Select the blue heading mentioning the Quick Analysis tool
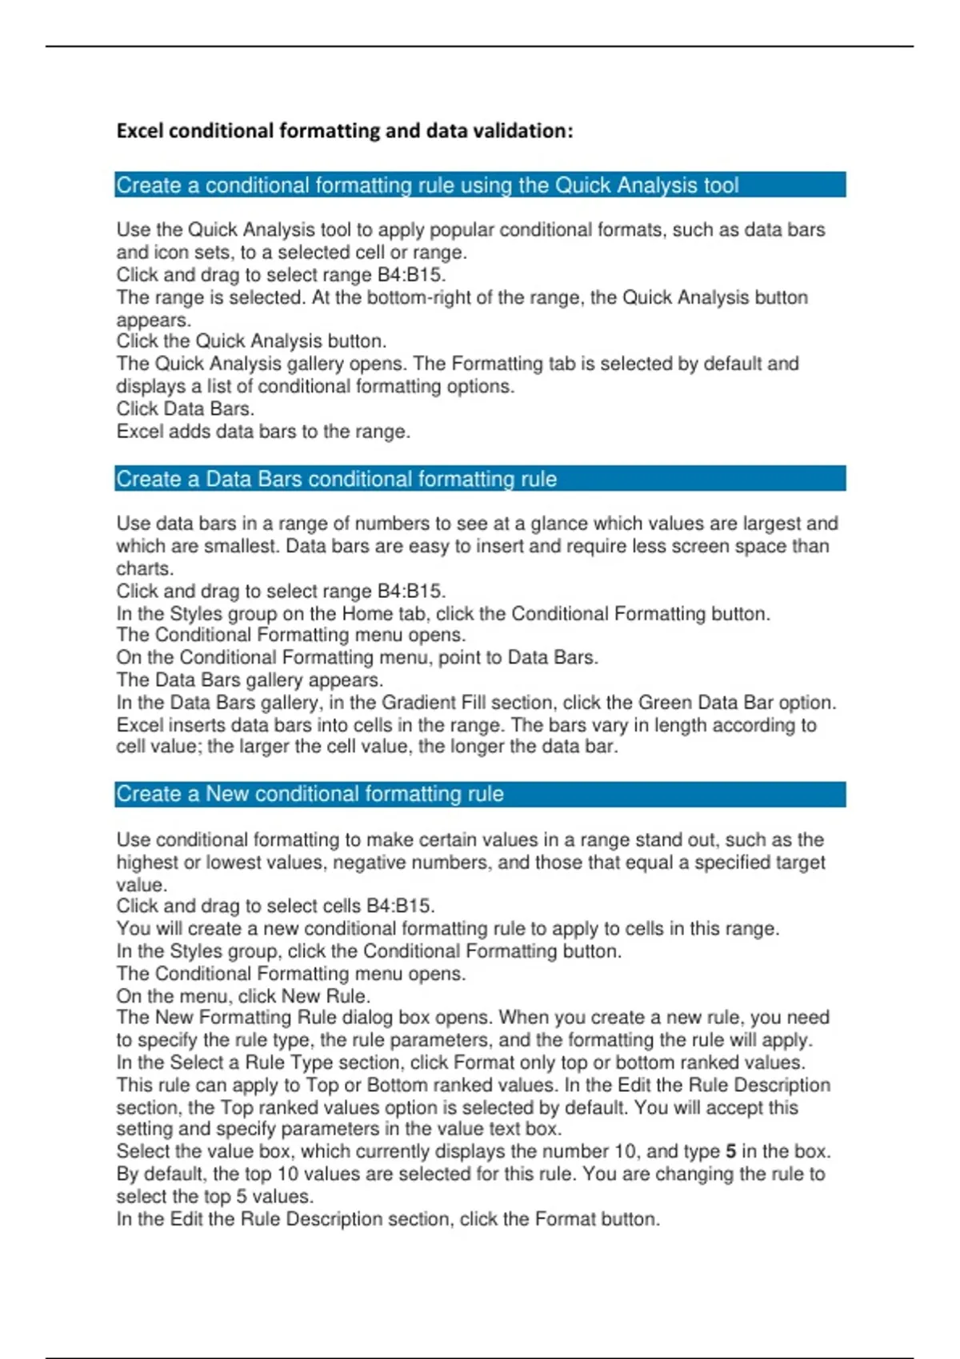pyautogui.click(x=427, y=185)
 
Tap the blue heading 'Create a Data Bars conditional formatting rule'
pyautogui.click(x=336, y=479)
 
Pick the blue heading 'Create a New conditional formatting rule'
pyautogui.click(x=310, y=794)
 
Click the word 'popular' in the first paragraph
pyautogui.click(x=461, y=230)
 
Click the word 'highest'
pyautogui.click(x=147, y=863)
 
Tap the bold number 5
pyautogui.click(x=730, y=1152)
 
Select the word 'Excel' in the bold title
pyautogui.click(x=139, y=130)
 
